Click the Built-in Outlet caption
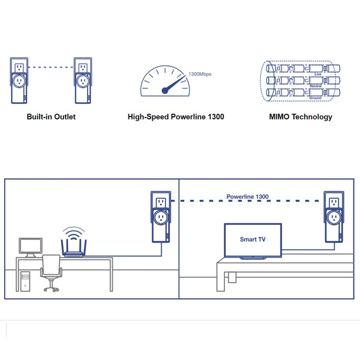(51, 116)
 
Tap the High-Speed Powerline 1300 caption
(176, 116)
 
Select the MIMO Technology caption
(301, 116)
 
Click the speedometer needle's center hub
(164, 91)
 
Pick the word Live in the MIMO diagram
(318, 74)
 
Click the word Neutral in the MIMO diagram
(316, 86)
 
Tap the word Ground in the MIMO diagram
(316, 98)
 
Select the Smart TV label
(253, 239)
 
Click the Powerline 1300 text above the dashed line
(247, 197)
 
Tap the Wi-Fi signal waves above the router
(73, 233)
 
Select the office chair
(52, 273)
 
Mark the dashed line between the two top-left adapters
(50, 67)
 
